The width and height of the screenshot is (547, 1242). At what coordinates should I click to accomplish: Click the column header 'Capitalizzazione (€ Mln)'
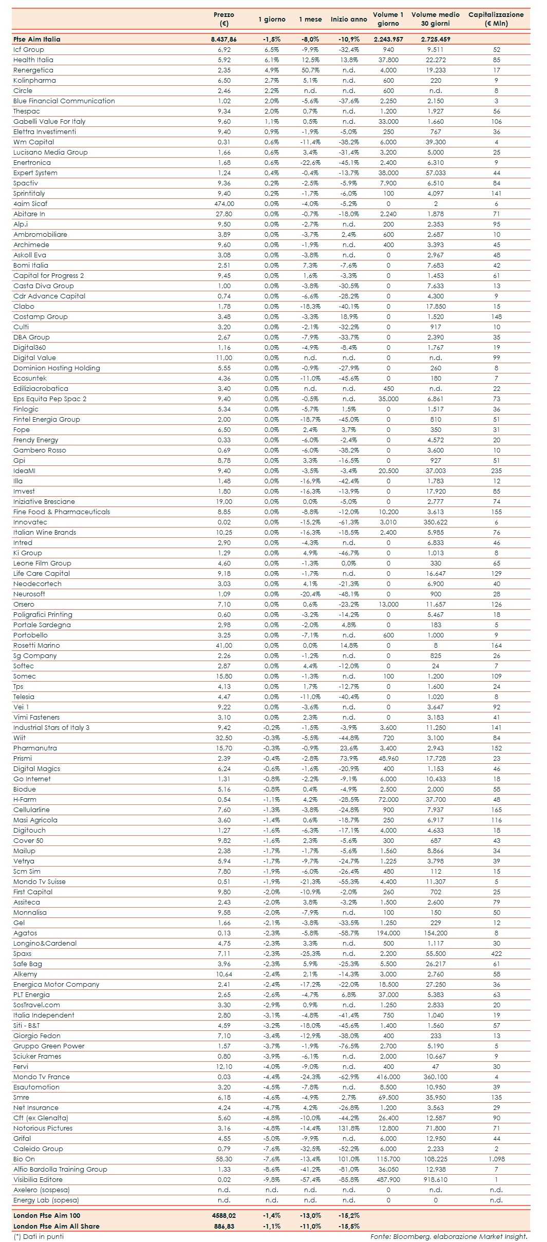[x=496, y=19]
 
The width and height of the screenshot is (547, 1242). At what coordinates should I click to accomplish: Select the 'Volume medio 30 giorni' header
[x=435, y=19]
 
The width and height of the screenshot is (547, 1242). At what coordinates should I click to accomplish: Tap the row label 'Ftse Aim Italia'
[x=37, y=39]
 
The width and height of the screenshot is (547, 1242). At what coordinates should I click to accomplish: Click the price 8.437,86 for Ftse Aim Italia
[x=224, y=39]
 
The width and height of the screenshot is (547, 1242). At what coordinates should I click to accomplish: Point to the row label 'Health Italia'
[x=33, y=60]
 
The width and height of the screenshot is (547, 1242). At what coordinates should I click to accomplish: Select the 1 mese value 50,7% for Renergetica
[x=310, y=70]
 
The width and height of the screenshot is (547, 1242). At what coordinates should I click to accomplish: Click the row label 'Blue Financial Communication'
[x=64, y=101]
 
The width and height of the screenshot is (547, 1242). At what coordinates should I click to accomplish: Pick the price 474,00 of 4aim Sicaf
[x=224, y=203]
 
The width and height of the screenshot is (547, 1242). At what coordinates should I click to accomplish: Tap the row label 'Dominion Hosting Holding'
[x=56, y=368]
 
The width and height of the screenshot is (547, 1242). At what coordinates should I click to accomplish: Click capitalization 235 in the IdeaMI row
[x=496, y=471]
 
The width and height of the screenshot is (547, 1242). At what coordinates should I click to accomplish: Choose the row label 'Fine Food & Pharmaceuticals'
[x=62, y=512]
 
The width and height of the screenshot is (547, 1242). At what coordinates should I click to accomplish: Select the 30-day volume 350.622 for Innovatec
[x=436, y=522]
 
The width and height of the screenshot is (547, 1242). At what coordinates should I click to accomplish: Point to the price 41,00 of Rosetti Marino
[x=224, y=645]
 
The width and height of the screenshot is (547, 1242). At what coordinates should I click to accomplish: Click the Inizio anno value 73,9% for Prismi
[x=349, y=758]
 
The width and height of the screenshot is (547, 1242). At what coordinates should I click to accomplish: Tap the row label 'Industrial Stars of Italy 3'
[x=51, y=727]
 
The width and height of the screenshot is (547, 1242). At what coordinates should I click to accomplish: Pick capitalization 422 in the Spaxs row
[x=496, y=953]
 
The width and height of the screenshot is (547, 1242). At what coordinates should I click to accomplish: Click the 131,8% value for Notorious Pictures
[x=349, y=1128]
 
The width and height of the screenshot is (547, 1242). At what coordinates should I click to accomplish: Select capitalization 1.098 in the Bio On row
[x=496, y=1159]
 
